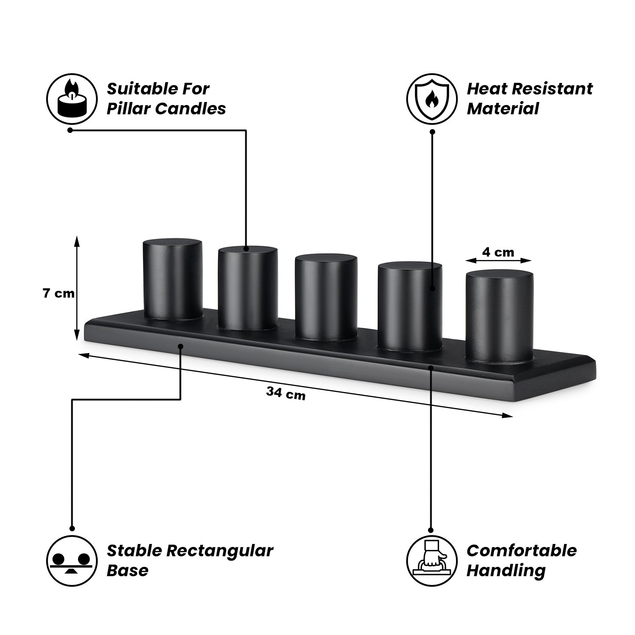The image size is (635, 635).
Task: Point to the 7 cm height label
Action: click(58, 293)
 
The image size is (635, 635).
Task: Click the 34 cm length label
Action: click(286, 394)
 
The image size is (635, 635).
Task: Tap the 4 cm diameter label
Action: click(498, 252)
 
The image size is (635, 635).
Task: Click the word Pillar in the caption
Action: click(129, 109)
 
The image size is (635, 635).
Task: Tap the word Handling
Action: click(506, 571)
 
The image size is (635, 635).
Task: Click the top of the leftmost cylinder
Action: click(172, 245)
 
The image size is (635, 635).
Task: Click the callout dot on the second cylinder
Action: click(246, 249)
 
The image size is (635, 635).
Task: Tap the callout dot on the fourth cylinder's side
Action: click(432, 289)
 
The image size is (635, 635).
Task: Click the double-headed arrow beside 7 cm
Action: click(77, 288)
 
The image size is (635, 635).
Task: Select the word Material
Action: click(503, 109)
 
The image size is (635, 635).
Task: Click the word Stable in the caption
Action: click(134, 551)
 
